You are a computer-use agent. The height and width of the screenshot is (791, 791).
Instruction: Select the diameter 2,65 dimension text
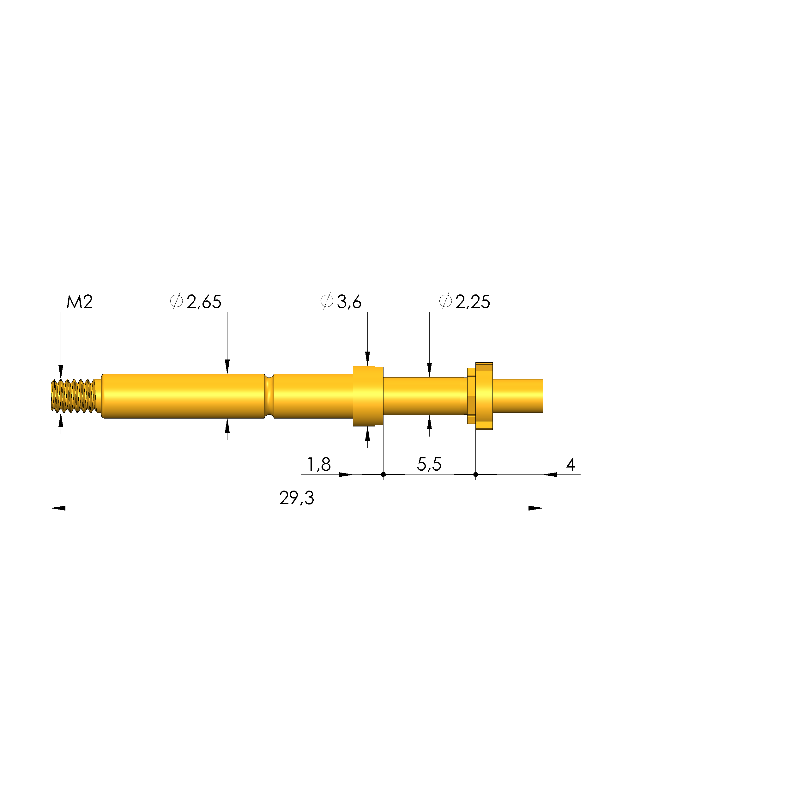203,302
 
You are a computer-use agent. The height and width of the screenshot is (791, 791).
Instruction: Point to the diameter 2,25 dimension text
473,302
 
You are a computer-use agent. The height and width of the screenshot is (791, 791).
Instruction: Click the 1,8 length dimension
319,464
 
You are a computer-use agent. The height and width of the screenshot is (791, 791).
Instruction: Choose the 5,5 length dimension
429,464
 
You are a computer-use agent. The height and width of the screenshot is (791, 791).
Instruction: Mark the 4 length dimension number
570,464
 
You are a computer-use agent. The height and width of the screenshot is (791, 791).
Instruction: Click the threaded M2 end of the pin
74,395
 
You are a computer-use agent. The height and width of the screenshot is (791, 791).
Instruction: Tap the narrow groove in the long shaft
269,395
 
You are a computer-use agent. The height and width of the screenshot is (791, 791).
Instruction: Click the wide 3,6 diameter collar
368,395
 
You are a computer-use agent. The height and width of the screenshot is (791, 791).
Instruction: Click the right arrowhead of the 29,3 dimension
535,508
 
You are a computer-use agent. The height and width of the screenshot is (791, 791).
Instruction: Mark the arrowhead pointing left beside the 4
550,474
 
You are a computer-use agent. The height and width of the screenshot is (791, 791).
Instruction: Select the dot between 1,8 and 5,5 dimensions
383,474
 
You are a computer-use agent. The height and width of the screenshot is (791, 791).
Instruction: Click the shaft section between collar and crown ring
422,395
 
